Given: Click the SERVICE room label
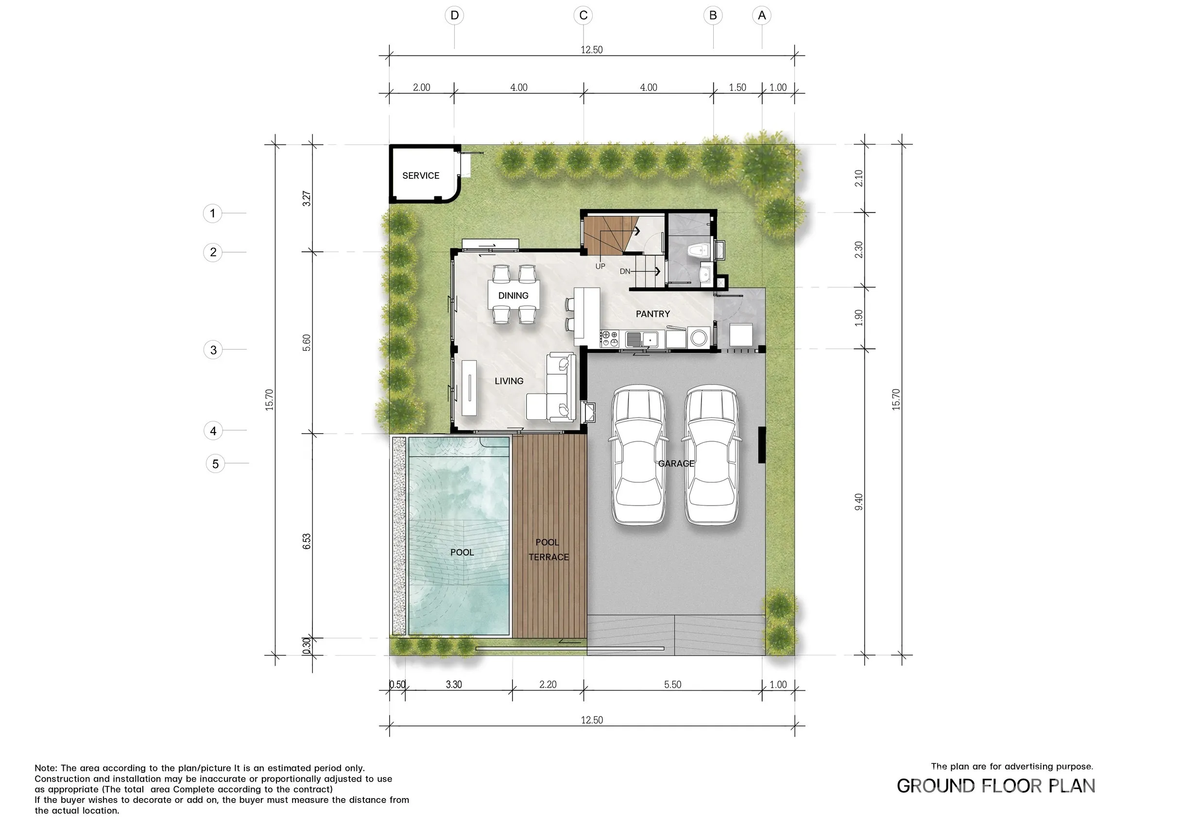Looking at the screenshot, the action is click(420, 176).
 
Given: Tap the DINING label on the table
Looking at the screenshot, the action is click(513, 296).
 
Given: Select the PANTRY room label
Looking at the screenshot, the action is click(653, 314).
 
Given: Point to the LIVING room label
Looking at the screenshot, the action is click(509, 381).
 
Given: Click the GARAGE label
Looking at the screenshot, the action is click(676, 463).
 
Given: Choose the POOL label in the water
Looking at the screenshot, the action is click(462, 553).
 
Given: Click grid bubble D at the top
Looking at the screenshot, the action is click(454, 16).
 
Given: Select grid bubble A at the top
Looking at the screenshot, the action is click(762, 16).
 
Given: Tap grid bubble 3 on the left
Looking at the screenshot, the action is click(213, 350).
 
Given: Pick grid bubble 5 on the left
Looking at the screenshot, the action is click(215, 464).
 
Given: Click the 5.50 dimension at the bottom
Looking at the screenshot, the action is click(672, 684).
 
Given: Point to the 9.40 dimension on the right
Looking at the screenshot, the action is click(859, 502).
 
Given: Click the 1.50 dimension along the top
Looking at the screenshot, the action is click(737, 87).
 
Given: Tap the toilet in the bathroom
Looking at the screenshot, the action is click(698, 251).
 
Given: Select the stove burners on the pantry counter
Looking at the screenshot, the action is click(610, 339).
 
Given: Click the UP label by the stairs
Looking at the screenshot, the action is click(600, 266).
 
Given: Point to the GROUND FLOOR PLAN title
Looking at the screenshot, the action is click(996, 786).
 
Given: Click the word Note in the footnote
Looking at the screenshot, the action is click(45, 768).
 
